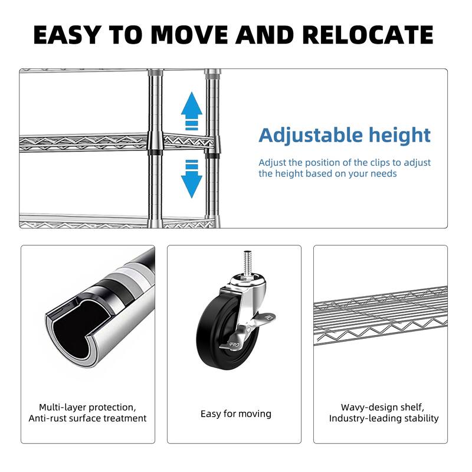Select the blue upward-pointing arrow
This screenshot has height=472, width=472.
click(x=192, y=110)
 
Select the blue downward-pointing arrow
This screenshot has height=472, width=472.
click(x=192, y=179)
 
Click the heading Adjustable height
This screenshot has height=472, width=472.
click(x=345, y=135)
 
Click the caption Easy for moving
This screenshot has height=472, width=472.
click(x=235, y=414)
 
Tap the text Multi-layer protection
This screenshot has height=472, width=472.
click(x=87, y=407)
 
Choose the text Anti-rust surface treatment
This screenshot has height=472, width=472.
click(x=87, y=418)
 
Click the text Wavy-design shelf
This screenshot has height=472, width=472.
click(x=382, y=407)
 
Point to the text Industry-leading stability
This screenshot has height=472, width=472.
click(x=383, y=418)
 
